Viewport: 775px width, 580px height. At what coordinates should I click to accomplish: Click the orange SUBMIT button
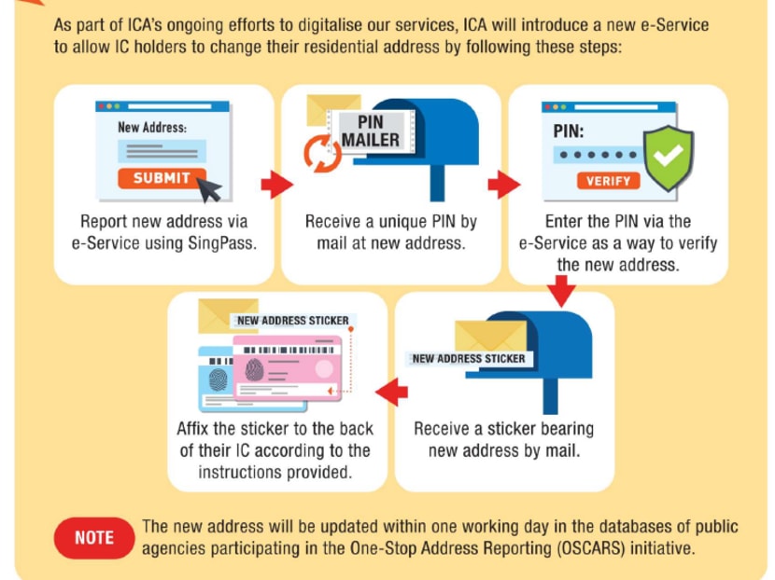[x=161, y=178]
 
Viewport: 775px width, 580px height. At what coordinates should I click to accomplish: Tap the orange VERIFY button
[x=608, y=181]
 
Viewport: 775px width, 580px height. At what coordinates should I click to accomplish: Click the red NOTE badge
[x=94, y=537]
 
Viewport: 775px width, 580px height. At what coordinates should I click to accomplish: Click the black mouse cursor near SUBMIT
[x=210, y=189]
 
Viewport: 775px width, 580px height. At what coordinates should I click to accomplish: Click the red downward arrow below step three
[x=561, y=294]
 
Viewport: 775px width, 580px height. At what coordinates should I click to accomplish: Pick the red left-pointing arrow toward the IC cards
[x=391, y=393]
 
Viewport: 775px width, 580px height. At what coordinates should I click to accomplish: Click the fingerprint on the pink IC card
[x=255, y=371]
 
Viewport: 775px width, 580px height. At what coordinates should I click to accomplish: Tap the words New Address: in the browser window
[x=152, y=127]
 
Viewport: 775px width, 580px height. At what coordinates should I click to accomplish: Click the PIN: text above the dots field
[x=568, y=131]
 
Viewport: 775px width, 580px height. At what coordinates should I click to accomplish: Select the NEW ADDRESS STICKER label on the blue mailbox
[x=468, y=358]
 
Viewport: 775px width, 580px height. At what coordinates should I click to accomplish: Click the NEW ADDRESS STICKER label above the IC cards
[x=292, y=321]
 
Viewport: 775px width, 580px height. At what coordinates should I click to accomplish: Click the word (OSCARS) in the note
[x=593, y=548]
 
